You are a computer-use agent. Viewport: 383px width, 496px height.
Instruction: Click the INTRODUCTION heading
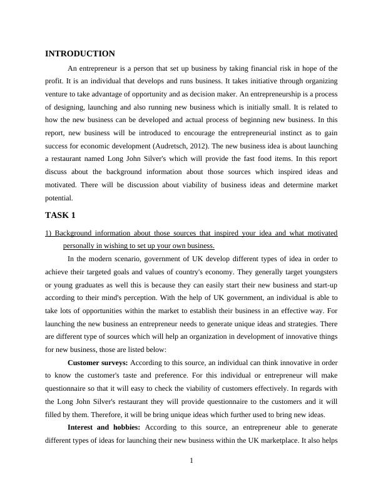tap(80, 54)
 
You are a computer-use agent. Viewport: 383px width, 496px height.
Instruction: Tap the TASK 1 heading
tap(60, 215)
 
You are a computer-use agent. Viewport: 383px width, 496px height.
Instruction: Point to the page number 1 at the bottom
tap(191, 462)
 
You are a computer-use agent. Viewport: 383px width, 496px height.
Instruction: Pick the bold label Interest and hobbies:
tap(105, 427)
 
